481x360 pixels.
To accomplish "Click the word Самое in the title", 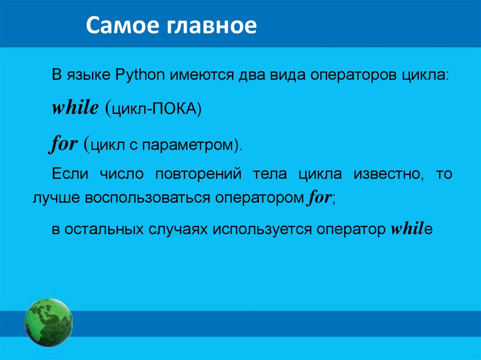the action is [x=124, y=25].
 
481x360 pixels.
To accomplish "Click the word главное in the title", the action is [x=212, y=26].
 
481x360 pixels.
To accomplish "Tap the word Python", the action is [x=140, y=75].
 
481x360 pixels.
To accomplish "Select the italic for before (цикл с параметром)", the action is [x=63, y=143].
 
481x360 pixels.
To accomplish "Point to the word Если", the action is [x=70, y=174].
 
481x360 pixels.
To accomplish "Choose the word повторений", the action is [x=198, y=174].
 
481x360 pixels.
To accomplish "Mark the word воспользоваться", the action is [x=147, y=198].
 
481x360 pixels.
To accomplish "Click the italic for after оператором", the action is [x=319, y=197].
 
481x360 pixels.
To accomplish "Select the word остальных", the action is [x=104, y=230].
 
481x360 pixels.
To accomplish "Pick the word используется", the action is [x=262, y=230].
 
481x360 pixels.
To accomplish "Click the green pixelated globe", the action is [x=49, y=322].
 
